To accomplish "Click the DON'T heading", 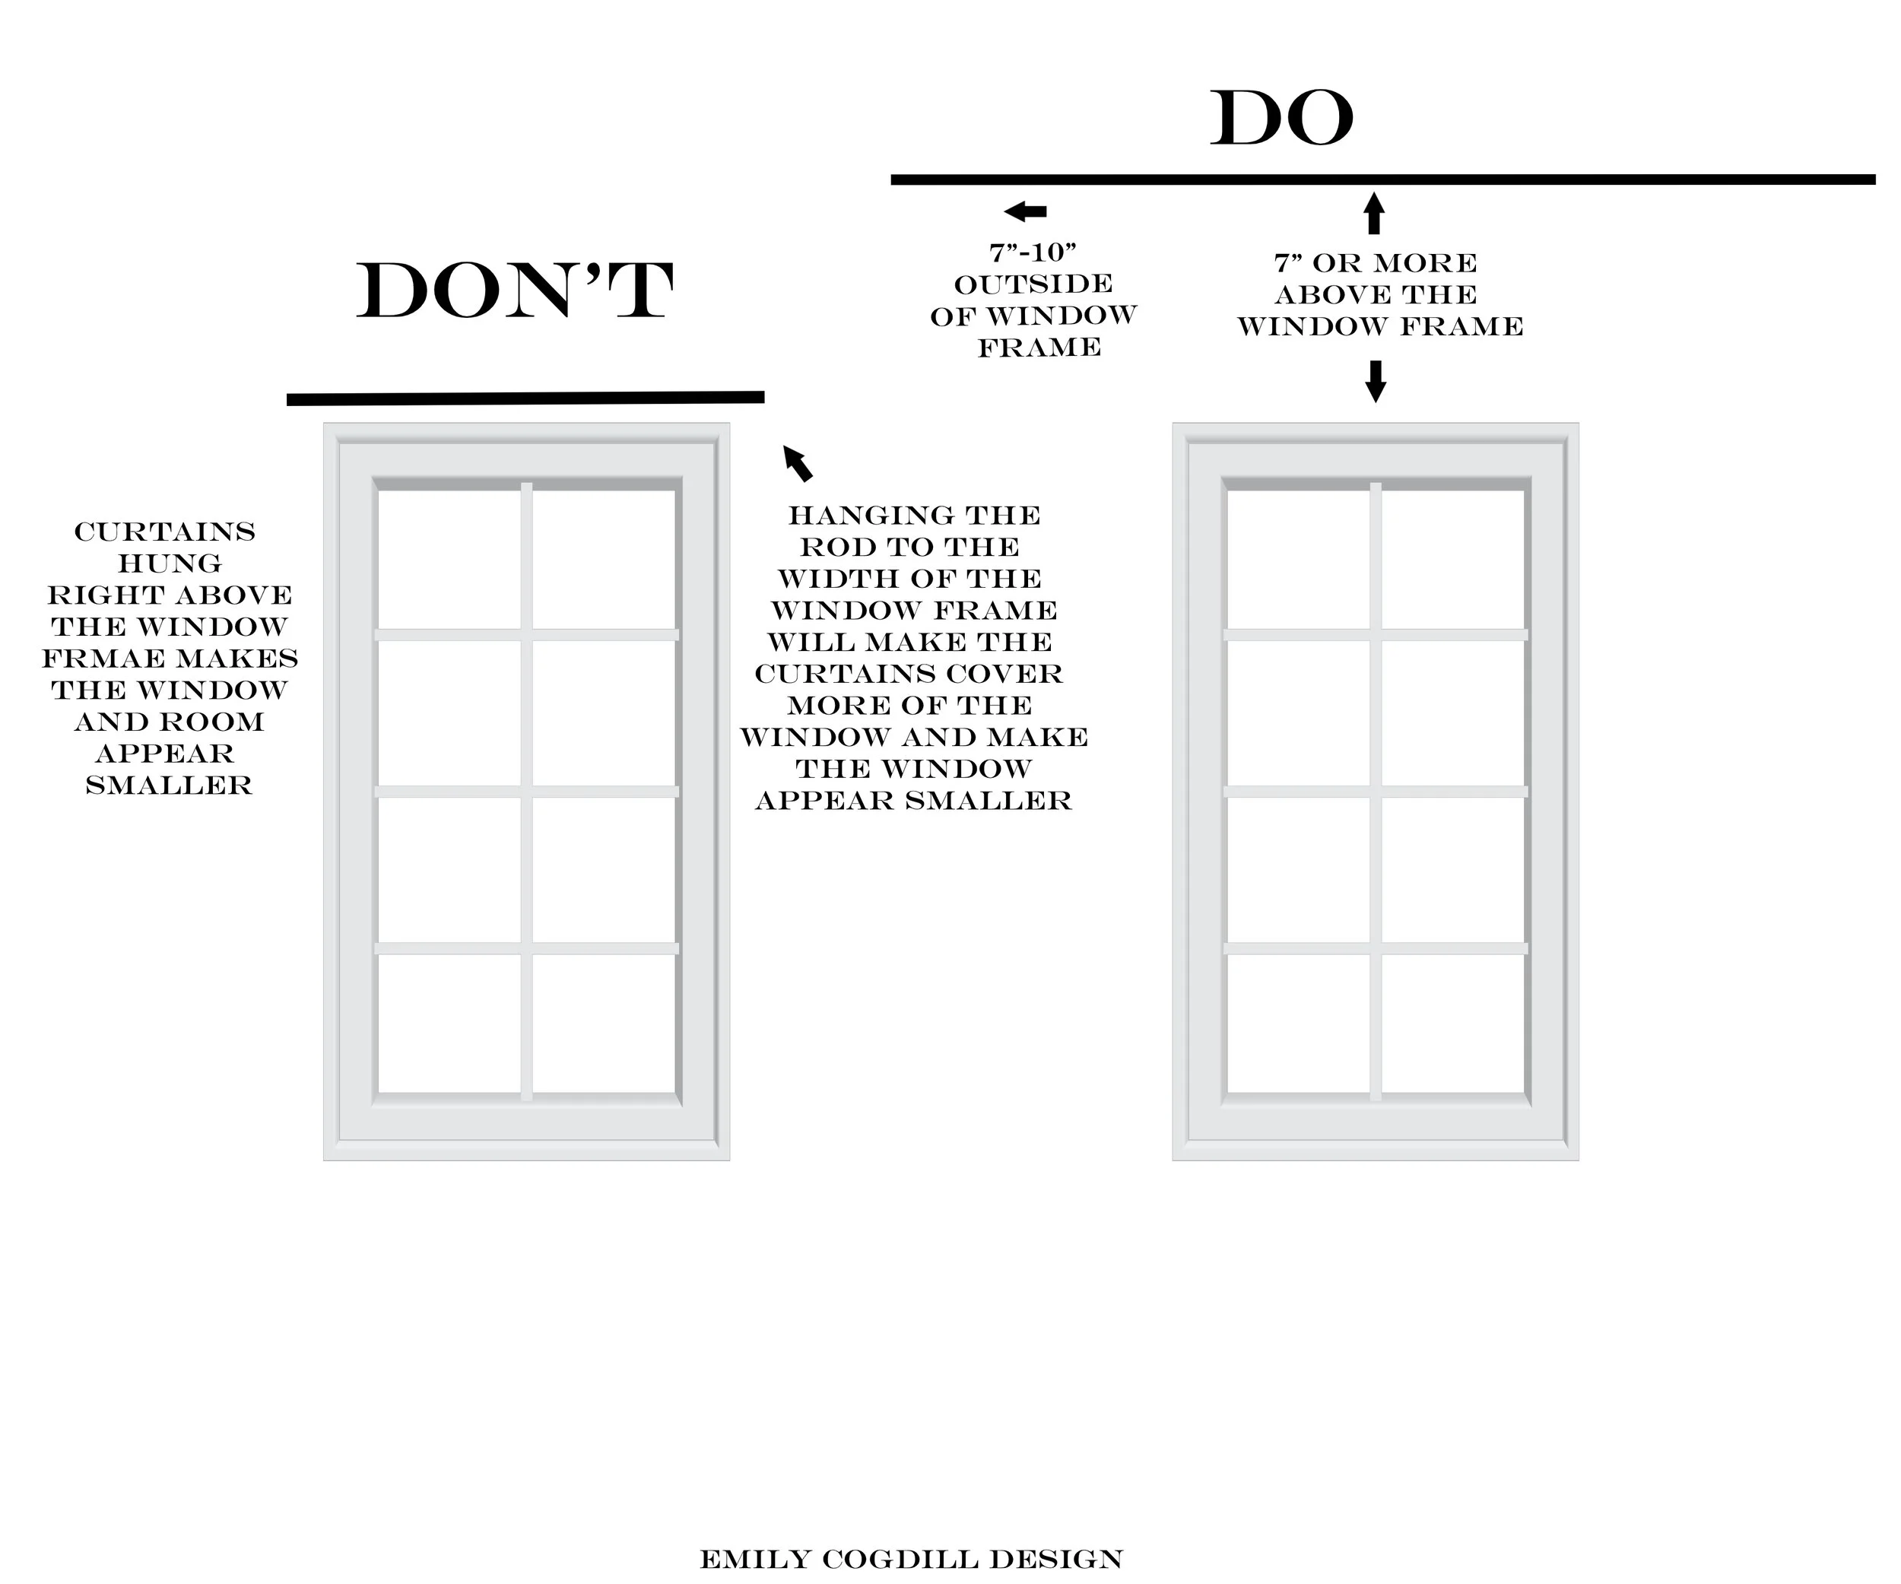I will (514, 291).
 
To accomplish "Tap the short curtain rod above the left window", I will (525, 398).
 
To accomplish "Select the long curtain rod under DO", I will (1382, 180).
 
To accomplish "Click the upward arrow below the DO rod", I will (1374, 214).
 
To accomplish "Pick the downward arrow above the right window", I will (1375, 381).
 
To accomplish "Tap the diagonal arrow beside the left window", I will (798, 462).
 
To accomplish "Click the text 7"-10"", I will (1033, 252).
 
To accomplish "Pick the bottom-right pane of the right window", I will (1452, 1023).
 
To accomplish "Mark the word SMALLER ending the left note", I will (170, 786).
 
